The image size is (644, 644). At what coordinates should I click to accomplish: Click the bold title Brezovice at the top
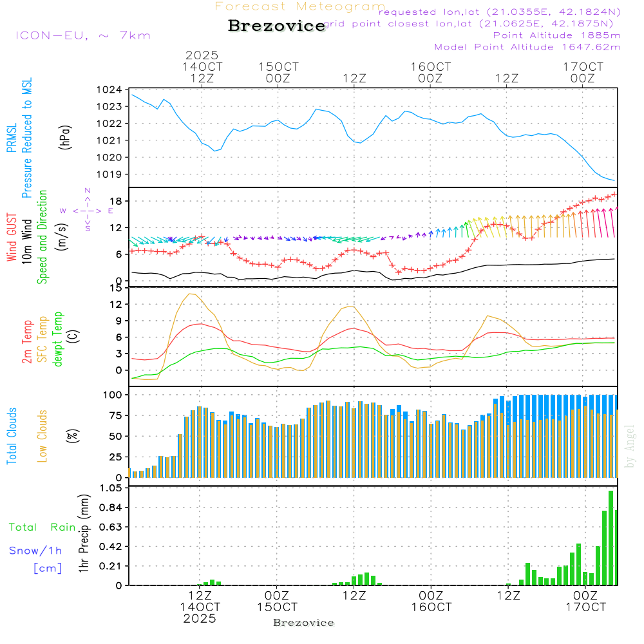click(x=276, y=26)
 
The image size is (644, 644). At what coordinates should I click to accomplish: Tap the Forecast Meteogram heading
click(x=299, y=6)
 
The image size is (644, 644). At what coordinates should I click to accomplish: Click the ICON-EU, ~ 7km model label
click(x=82, y=35)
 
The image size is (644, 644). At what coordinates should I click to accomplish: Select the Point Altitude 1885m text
click(x=556, y=35)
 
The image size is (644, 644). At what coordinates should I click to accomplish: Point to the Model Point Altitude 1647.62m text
click(x=527, y=46)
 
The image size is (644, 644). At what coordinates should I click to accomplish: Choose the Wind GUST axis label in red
click(x=12, y=238)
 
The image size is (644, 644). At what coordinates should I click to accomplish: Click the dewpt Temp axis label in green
click(x=57, y=340)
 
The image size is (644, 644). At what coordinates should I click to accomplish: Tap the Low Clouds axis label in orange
click(x=43, y=435)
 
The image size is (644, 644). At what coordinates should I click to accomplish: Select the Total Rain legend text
click(x=42, y=527)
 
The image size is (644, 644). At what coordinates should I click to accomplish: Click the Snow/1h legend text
click(x=35, y=551)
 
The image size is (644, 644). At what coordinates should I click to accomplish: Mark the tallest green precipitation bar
click(x=611, y=538)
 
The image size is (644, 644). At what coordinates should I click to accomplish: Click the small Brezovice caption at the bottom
click(x=303, y=623)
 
